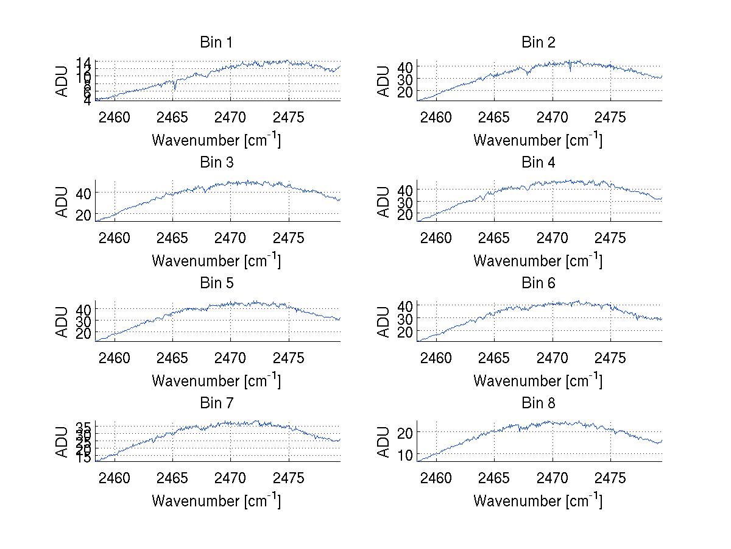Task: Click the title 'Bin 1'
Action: click(x=216, y=43)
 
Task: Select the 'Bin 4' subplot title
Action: click(x=539, y=163)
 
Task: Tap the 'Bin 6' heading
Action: click(x=539, y=283)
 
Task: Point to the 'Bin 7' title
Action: click(x=216, y=403)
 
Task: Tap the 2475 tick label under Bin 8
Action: click(x=610, y=478)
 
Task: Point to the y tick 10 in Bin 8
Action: click(x=405, y=455)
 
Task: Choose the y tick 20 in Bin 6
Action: click(x=405, y=331)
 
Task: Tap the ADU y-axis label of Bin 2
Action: click(x=384, y=81)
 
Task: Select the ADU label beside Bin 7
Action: click(x=62, y=442)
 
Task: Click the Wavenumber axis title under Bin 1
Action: click(x=216, y=140)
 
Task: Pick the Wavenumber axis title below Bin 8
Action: click(x=539, y=500)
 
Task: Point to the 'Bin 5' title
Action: click(x=216, y=283)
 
